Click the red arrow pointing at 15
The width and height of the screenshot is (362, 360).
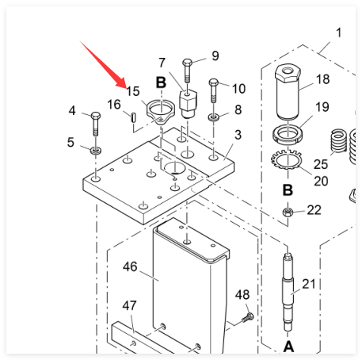103,64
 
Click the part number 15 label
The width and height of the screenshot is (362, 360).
133,91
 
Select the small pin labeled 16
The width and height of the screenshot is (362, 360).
134,117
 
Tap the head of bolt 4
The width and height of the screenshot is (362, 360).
95,116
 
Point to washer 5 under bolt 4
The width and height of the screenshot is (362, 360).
96,151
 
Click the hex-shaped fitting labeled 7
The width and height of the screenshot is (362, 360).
188,104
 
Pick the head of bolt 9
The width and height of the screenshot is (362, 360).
187,63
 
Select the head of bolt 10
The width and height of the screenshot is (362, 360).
214,82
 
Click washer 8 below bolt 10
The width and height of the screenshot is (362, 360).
213,117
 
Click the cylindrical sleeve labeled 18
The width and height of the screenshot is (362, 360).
288,91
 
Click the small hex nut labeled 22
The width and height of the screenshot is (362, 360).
288,212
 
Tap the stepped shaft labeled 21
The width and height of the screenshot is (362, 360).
288,292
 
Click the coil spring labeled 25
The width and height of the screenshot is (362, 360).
339,141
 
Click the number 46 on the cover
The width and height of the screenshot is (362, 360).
130,266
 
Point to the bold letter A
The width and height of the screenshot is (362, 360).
288,347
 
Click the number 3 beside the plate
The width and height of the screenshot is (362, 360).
238,135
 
